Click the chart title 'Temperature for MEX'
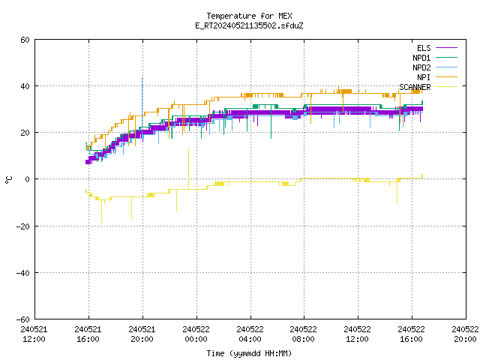(249, 16)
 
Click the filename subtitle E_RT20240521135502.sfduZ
(249, 25)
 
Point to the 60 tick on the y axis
(25, 40)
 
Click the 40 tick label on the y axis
(25, 86)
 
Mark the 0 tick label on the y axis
(28, 179)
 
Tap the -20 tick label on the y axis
(23, 226)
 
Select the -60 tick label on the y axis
(23, 319)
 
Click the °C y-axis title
(8, 180)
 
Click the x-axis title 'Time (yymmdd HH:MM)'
(249, 353)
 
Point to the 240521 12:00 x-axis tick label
(34, 334)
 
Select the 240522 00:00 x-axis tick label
(196, 334)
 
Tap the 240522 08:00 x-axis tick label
(303, 334)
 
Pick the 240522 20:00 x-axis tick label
(465, 334)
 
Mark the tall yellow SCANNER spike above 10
(188, 169)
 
